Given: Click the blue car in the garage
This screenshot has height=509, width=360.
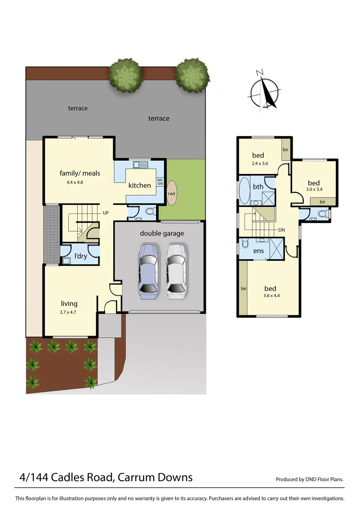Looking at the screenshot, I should [x=147, y=271].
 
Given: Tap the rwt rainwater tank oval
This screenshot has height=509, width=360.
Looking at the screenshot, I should [x=172, y=193].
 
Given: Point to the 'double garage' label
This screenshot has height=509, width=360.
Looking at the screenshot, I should [x=162, y=233].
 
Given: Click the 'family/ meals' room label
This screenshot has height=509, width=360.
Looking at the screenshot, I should [x=80, y=173].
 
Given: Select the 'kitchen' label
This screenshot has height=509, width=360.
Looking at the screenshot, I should [x=140, y=185].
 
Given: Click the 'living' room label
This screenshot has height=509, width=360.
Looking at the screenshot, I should [x=69, y=304].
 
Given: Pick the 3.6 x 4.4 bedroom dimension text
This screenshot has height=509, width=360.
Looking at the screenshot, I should [x=270, y=296].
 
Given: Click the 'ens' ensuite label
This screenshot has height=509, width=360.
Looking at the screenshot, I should [x=259, y=251].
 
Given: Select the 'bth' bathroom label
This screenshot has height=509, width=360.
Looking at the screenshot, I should [x=258, y=187].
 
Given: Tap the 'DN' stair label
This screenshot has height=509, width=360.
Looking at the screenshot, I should [x=282, y=230].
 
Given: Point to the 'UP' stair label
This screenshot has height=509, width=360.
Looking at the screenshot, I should [x=106, y=213].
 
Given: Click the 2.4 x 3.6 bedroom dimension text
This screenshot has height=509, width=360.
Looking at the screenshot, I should [x=258, y=163].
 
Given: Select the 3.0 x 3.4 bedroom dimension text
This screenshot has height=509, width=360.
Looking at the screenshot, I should [x=314, y=191].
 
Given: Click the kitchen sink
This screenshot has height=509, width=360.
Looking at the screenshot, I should [x=140, y=165].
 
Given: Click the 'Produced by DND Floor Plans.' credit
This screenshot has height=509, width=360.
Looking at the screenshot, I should [x=310, y=479].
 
